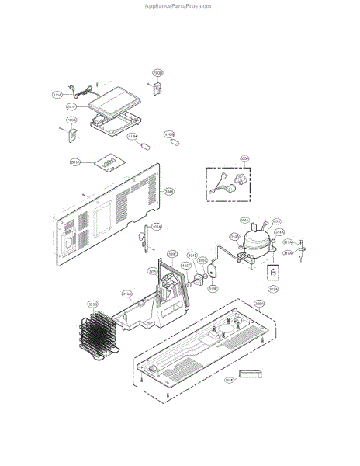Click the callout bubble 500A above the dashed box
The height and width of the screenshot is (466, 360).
[245, 158]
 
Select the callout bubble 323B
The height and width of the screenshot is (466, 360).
[92, 304]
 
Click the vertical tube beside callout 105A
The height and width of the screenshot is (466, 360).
[144, 240]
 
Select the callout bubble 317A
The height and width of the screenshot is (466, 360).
[288, 242]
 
